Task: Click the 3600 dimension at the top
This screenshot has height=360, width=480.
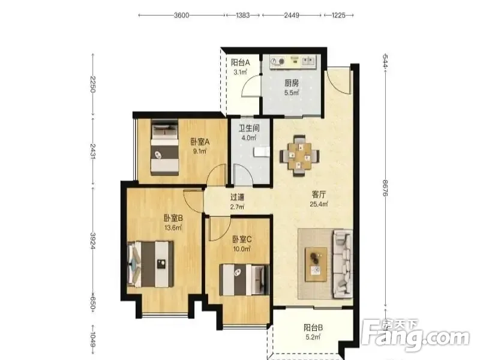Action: pos(182,15)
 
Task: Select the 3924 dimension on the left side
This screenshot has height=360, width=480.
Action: pos(93,241)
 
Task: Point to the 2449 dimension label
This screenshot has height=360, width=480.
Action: pos(292,15)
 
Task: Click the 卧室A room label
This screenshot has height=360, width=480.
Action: pos(200,142)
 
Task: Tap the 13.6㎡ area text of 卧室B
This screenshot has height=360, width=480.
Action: pos(173,228)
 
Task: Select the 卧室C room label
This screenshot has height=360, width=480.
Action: pos(242,239)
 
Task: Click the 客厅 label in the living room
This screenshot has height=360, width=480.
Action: pos(319,194)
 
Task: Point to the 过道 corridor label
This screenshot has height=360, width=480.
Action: pos(237,197)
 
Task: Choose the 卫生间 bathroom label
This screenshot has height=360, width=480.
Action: pos(249,128)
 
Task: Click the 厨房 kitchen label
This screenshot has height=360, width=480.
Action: pos(292,83)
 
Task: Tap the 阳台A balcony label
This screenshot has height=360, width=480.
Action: pos(241,63)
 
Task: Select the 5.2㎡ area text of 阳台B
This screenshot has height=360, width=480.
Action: pos(313,337)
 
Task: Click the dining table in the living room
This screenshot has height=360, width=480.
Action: pos(299,156)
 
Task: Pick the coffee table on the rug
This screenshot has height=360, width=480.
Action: pos(316,265)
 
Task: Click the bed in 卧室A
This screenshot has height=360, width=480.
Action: pos(164,148)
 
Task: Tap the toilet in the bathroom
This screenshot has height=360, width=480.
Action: pos(262,152)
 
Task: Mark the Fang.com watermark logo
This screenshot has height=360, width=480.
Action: pos(415,336)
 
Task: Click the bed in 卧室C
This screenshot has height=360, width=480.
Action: pos(245,280)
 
